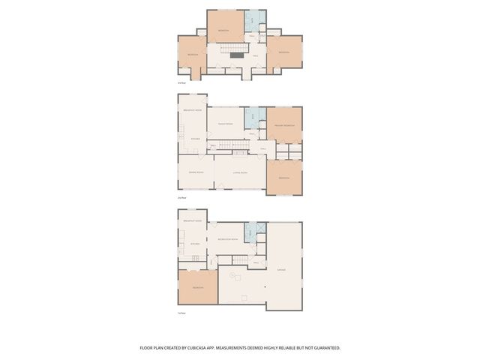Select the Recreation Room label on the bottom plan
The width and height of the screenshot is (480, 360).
click(x=227, y=239)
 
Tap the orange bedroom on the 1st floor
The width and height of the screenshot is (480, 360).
click(x=197, y=287)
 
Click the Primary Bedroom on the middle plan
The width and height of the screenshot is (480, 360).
click(x=284, y=125)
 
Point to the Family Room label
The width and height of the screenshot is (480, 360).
click(x=225, y=124)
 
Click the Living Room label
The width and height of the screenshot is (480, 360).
click(x=239, y=172)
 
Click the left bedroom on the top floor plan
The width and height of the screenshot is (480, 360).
click(x=193, y=55)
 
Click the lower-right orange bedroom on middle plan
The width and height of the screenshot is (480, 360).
click(x=284, y=178)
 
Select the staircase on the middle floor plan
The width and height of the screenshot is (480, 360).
click(x=239, y=153)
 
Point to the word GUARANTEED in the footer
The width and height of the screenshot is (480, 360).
click(x=325, y=348)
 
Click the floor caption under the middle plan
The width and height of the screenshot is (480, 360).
click(x=182, y=197)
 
